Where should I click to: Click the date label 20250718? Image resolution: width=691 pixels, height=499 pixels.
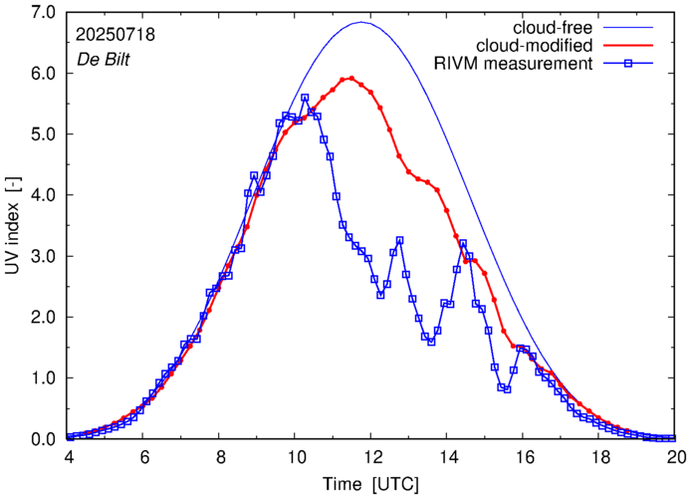(x=115, y=35)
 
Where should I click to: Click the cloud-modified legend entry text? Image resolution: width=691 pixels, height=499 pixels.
(x=535, y=46)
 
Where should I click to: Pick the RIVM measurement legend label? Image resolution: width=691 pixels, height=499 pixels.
(x=514, y=65)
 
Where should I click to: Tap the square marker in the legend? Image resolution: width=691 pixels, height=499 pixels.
(x=635, y=65)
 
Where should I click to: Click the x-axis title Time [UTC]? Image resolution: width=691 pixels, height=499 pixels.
(x=371, y=483)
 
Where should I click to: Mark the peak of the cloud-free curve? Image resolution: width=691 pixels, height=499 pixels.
(x=361, y=22)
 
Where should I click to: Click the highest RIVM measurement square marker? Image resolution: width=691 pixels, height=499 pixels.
(x=305, y=98)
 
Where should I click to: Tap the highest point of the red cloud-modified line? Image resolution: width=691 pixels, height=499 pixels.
(x=350, y=78)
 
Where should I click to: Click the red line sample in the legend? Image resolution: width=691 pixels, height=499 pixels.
(x=635, y=46)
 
